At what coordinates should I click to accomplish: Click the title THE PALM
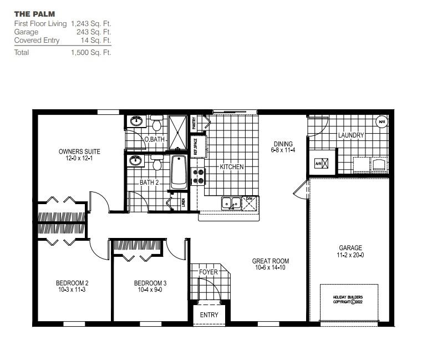[x=34, y=13]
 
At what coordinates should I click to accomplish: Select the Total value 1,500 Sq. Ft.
[x=91, y=53]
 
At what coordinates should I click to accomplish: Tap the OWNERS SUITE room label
[x=80, y=151]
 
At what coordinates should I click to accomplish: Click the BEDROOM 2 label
[x=72, y=283]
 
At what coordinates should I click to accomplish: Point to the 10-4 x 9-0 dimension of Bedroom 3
[x=150, y=290]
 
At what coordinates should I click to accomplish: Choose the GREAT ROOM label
[x=271, y=261]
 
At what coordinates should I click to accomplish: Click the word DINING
[x=282, y=144]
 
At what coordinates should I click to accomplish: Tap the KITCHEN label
[x=231, y=167]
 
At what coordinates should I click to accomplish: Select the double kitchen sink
[x=231, y=204]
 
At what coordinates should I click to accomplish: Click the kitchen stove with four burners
[x=197, y=176]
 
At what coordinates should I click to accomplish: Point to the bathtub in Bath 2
[x=179, y=171]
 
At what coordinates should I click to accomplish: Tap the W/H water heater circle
[x=382, y=122]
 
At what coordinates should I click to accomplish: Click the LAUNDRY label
[x=350, y=135]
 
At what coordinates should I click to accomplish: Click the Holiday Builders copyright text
[x=348, y=300]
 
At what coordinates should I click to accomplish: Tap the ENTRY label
[x=210, y=315]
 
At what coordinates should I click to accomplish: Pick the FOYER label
[x=209, y=272]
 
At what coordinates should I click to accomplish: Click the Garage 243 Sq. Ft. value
[x=94, y=32]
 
